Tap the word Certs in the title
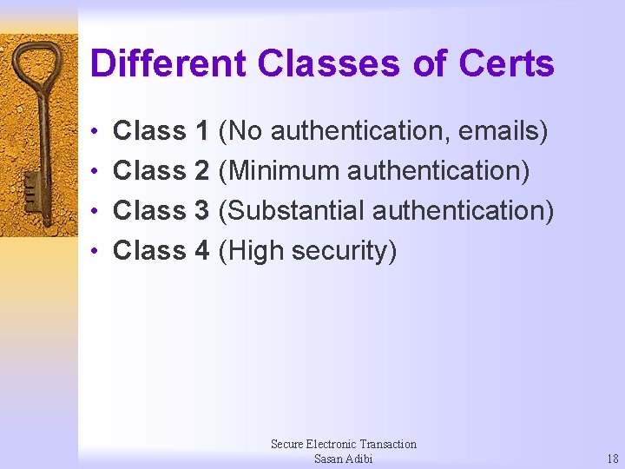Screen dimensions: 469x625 [506, 64]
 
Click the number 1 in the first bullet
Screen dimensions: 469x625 [202, 131]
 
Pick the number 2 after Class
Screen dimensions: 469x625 [202, 171]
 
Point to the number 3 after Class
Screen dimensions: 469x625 [202, 211]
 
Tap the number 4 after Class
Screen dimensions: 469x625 [202, 251]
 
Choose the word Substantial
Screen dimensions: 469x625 [292, 211]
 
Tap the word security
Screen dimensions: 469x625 [344, 251]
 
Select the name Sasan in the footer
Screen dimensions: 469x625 [330, 459]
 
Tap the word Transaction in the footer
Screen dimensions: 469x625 [383, 444]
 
